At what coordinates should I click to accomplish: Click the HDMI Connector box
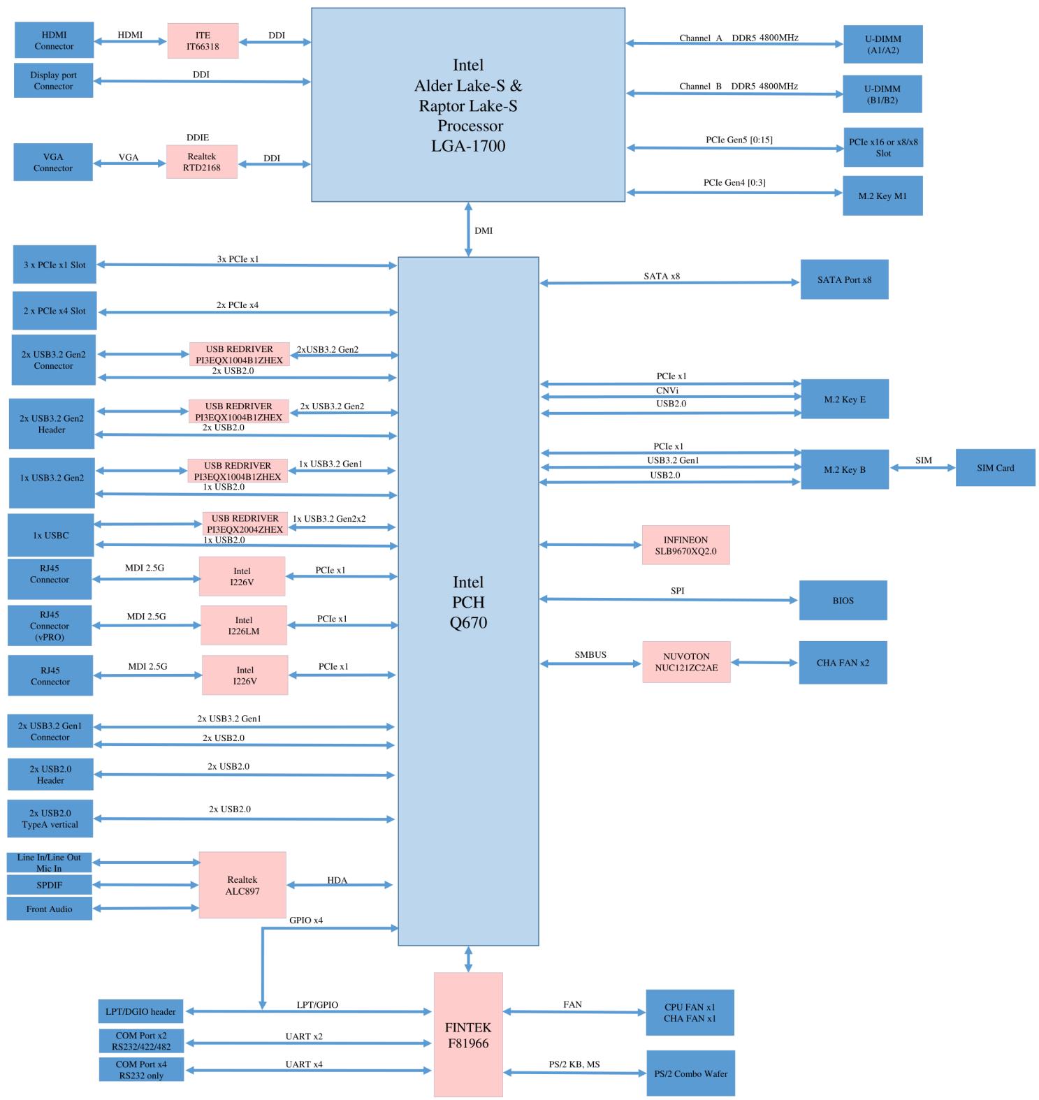click(x=54, y=40)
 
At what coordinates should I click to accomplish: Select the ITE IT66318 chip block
click(x=203, y=41)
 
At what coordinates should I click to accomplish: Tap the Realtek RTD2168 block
click(x=202, y=161)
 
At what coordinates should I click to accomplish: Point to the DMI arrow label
click(x=484, y=230)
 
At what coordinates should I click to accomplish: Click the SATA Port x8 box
click(x=844, y=279)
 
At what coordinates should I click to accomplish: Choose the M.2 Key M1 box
click(x=882, y=196)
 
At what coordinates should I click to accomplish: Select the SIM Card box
click(x=995, y=468)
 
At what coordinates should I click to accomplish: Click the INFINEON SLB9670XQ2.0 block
click(x=685, y=545)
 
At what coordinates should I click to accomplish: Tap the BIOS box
click(x=843, y=600)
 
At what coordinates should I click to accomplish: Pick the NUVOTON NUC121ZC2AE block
click(x=686, y=662)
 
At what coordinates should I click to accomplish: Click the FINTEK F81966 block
click(x=468, y=1034)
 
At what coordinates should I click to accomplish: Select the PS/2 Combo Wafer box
click(x=690, y=1073)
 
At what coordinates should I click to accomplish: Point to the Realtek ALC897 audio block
click(x=242, y=885)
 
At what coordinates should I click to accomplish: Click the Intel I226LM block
click(x=244, y=625)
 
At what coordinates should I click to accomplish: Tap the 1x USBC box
click(x=50, y=535)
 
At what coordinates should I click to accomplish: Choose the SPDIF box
click(x=50, y=885)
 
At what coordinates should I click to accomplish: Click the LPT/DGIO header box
click(x=140, y=1011)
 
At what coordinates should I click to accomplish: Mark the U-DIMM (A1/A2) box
click(x=883, y=45)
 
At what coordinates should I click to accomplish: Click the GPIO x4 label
click(x=306, y=921)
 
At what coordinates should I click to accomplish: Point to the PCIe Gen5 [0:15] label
click(x=739, y=140)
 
